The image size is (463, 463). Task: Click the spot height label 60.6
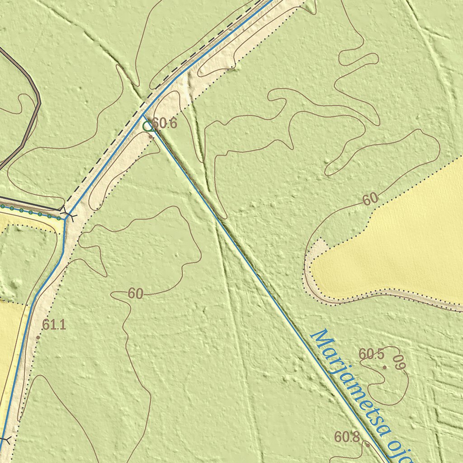[x=165, y=123]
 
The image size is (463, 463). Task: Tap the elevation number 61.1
[x=54, y=324]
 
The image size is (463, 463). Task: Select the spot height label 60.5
[x=371, y=354]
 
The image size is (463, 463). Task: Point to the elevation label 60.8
[x=347, y=437]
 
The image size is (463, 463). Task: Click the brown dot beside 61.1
[x=38, y=337]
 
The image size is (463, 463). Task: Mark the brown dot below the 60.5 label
[x=385, y=367]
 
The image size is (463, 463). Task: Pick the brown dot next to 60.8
[x=368, y=445]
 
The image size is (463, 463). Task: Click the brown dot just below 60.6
[x=151, y=135]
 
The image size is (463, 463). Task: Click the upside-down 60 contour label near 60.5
[x=397, y=363]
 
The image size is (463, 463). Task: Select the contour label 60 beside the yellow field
[x=370, y=198]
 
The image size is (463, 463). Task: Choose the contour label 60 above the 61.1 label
[x=135, y=294]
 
